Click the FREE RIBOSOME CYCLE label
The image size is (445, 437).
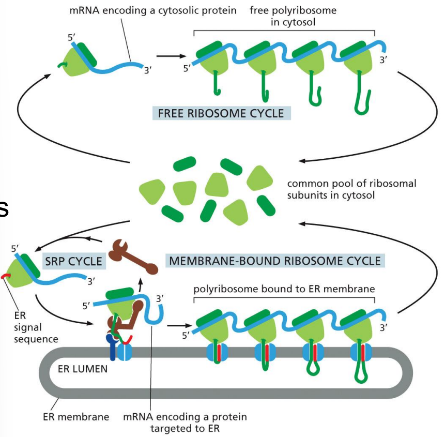[x=221, y=112]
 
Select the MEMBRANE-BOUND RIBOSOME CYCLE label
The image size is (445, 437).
[x=275, y=260]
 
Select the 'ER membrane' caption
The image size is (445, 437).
[x=75, y=417]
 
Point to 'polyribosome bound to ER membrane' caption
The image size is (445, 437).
[x=284, y=288]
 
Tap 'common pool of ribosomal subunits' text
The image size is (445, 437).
[x=351, y=189]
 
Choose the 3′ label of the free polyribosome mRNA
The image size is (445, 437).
[x=383, y=60]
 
